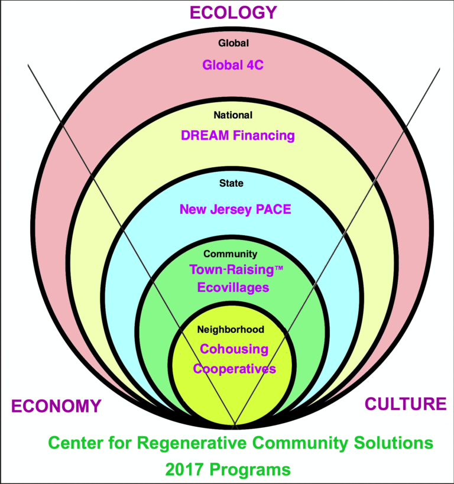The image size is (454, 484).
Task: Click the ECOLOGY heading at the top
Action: click(x=233, y=12)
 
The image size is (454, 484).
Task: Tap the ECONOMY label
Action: click(x=56, y=407)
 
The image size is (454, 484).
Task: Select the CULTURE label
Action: click(x=406, y=404)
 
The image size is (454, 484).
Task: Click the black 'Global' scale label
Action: click(x=234, y=43)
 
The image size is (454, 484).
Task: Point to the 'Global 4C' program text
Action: click(x=233, y=65)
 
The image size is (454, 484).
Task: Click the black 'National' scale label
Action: click(x=233, y=115)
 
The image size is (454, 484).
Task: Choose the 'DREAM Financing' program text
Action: click(x=238, y=135)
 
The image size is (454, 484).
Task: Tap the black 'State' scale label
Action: click(x=231, y=183)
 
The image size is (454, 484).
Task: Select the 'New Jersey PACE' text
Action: click(x=235, y=209)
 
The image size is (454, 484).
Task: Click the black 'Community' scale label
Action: click(x=231, y=254)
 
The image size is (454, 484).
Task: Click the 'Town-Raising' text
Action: click(x=225, y=269)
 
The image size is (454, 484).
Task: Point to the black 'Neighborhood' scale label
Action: click(x=231, y=329)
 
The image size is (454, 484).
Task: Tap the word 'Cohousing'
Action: click(x=234, y=349)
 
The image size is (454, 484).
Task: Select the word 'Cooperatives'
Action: click(x=235, y=369)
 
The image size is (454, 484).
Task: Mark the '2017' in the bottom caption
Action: click(x=185, y=470)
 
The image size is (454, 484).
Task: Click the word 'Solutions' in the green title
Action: click(x=397, y=443)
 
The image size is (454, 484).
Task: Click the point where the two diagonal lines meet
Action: click(x=235, y=426)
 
